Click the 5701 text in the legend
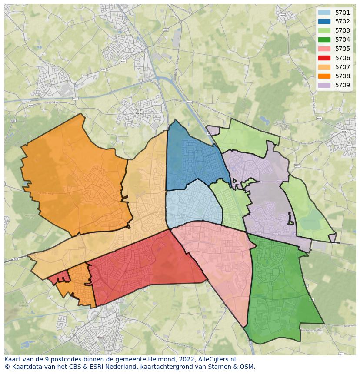tap(342, 13)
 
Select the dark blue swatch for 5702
tap(324, 21)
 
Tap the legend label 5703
tap(342, 30)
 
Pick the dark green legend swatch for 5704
tap(324, 40)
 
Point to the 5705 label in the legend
tap(342, 49)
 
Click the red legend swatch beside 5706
tap(324, 58)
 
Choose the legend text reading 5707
tap(342, 67)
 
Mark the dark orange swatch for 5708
tap(324, 76)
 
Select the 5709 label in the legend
tap(342, 85)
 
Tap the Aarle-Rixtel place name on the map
tap(139, 111)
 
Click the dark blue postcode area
tap(191, 159)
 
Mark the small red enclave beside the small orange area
tap(57, 278)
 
